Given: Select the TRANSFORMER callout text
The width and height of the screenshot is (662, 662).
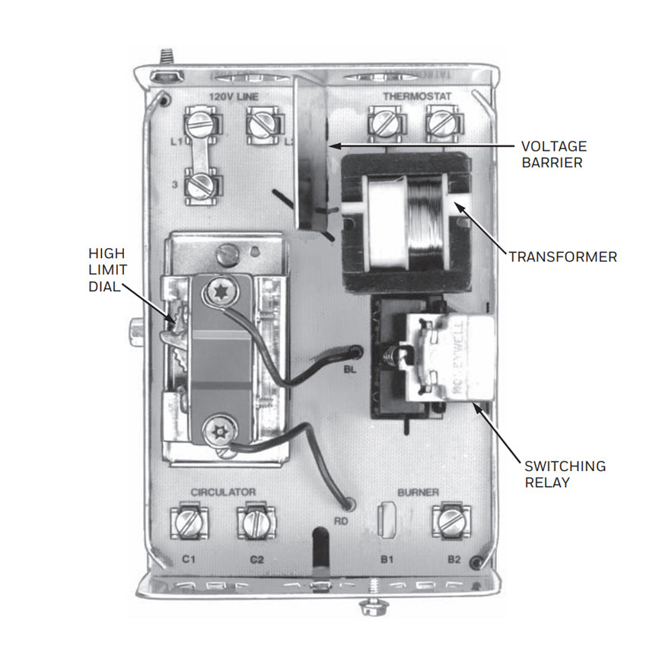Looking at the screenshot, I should pos(562,257).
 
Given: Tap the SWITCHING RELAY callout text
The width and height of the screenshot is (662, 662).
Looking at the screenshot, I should pos(564,474).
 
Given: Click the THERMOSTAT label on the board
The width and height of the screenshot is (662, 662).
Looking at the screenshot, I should pos(417,97).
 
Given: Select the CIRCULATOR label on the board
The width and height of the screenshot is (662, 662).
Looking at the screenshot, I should pos(223,492).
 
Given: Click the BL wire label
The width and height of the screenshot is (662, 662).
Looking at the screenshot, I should pos(351,371).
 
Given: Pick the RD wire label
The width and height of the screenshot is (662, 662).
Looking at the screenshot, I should pos(341,522).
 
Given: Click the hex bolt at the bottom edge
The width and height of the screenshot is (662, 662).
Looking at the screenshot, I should pos(371,609).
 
